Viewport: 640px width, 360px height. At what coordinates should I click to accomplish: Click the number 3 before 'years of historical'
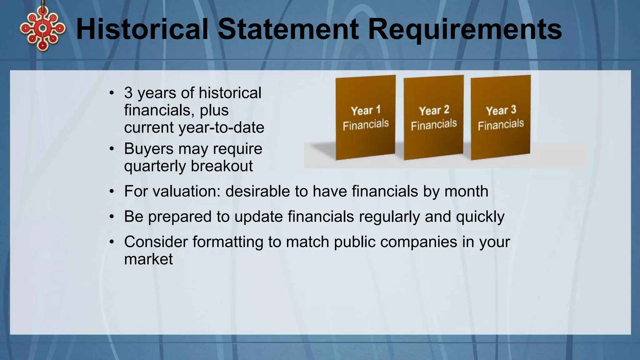pos(128,93)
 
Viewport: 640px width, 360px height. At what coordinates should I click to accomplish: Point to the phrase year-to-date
pos(221,127)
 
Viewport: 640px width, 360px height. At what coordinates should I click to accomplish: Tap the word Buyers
pos(148,149)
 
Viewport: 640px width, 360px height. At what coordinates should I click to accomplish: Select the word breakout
pos(222,166)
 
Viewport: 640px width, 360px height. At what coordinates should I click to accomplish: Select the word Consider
pos(156,242)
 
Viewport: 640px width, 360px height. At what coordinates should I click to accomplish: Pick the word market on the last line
pos(148,259)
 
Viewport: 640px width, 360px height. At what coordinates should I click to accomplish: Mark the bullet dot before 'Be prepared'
pos(112,217)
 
